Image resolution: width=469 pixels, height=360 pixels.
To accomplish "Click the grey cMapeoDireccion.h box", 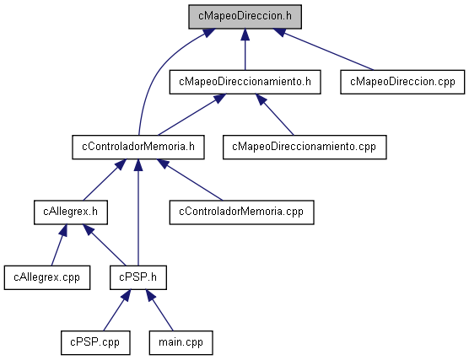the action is coord(245,17).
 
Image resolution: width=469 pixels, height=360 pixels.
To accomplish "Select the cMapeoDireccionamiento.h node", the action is coord(245,82).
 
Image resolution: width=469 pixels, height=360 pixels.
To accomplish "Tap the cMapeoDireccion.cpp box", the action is coord(402,82).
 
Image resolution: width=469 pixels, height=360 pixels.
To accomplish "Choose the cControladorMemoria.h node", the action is coord(138,147).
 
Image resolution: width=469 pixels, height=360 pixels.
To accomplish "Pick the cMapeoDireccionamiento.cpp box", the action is coord(305,147).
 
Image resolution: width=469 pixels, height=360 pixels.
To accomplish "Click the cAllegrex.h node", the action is coord(71,212).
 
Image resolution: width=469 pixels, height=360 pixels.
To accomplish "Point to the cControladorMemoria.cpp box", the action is coord(242,212).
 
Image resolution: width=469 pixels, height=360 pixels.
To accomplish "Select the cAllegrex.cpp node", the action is coord(47,277).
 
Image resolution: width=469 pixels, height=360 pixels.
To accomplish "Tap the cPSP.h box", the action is coord(138,277).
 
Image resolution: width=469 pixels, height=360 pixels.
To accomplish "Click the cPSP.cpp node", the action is coord(95,342).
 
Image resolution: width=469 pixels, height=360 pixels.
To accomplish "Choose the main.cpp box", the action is coord(181,342).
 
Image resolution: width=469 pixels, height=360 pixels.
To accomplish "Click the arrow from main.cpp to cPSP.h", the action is coord(159,310).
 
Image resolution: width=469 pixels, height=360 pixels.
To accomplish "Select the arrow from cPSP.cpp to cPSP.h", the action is coord(116,310).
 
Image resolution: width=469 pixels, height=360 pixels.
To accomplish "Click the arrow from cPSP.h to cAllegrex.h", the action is coord(105,244).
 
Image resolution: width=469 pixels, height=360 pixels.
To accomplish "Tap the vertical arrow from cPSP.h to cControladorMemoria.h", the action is coord(138,212).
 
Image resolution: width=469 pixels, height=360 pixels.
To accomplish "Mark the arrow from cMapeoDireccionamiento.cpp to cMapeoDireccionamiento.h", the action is coord(275,115).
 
